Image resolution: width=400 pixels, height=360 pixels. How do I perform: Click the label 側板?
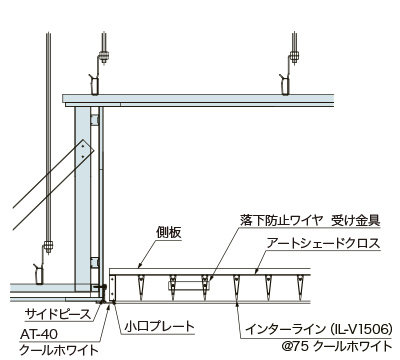pyautogui.click(x=169, y=232)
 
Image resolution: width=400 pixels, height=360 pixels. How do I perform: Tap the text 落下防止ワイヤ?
pyautogui.click(x=281, y=220)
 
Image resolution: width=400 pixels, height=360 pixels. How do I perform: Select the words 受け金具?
pyautogui.click(x=356, y=220)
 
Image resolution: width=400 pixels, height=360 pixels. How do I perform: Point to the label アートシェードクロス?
pyautogui.click(x=323, y=243)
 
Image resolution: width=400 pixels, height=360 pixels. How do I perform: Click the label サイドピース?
pyautogui.click(x=58, y=314)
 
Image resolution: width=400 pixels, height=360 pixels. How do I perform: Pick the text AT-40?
pyautogui.click(x=39, y=334)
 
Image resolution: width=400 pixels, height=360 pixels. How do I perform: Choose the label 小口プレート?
pyautogui.click(x=159, y=326)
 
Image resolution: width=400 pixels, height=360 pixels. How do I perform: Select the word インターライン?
pyautogui.click(x=285, y=329)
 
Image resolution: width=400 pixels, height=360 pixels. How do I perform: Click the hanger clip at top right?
pyautogui.click(x=284, y=85)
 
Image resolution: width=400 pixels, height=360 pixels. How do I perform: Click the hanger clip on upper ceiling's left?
pyautogui.click(x=94, y=85)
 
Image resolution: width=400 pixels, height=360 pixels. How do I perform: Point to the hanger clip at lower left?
pyautogui.click(x=39, y=274)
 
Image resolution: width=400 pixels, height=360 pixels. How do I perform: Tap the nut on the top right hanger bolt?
pyautogui.click(x=294, y=56)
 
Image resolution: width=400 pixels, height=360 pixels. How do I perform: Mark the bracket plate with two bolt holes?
pyautogui.click(x=85, y=151)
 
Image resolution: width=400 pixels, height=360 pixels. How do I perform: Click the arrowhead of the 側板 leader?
pyautogui.click(x=140, y=266)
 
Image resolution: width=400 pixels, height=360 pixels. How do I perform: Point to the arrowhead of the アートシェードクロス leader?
pyautogui.click(x=256, y=272)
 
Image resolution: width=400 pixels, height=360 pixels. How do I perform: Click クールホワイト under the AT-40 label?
pyautogui.click(x=59, y=350)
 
